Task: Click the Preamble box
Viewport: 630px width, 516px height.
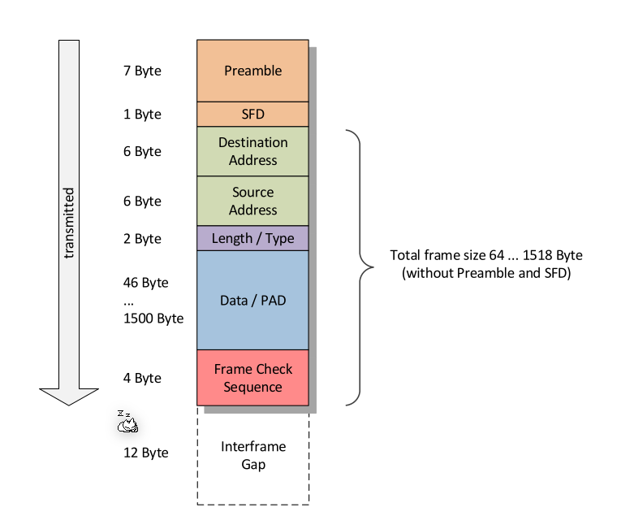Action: [252, 71]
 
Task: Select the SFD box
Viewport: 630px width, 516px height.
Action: [252, 115]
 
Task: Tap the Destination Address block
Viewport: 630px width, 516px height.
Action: [252, 151]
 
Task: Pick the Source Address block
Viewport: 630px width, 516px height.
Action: [252, 201]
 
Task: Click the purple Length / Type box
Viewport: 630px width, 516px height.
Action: [252, 239]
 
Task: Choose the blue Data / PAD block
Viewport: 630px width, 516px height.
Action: [252, 300]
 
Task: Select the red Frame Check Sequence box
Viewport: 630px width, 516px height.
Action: [252, 378]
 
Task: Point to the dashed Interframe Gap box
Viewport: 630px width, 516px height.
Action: [252, 456]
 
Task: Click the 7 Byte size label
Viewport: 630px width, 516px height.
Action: [142, 71]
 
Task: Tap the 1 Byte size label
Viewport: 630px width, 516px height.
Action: [142, 115]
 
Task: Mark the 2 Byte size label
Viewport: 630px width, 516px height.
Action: [142, 239]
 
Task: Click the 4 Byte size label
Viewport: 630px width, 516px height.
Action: [142, 378]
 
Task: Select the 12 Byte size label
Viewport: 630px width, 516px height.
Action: [146, 453]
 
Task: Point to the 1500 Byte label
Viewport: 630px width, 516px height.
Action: [153, 318]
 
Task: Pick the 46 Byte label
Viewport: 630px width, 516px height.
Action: [146, 283]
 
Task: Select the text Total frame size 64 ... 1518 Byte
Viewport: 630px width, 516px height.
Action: [486, 255]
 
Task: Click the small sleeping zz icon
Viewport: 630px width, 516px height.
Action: [127, 421]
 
